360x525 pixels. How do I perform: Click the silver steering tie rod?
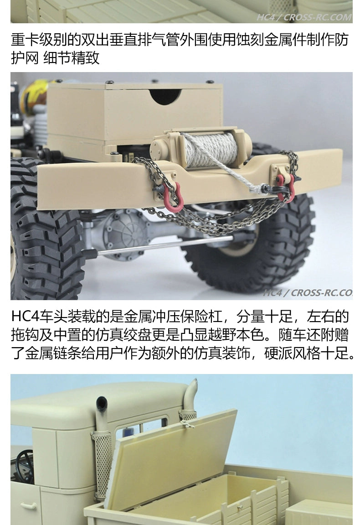[160, 245]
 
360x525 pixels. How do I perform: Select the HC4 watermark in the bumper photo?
[273, 293]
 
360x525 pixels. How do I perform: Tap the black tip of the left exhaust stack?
[102, 401]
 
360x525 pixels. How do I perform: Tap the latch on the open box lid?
[188, 424]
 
